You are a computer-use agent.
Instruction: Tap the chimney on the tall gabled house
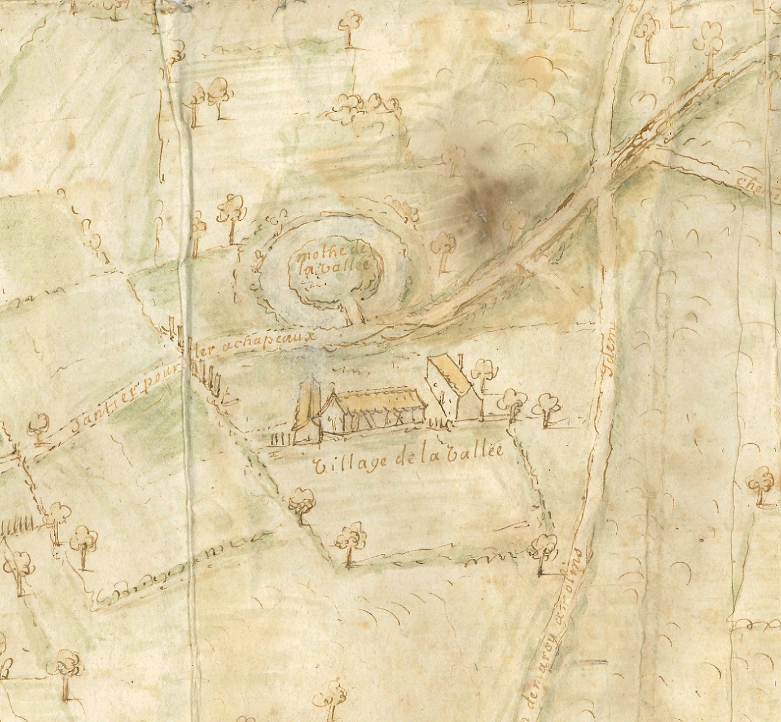pyautogui.click(x=460, y=360)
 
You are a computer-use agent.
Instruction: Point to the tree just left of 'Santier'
pyautogui.click(x=40, y=426)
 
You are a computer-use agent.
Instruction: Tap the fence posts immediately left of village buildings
pyautogui.click(x=278, y=438)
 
